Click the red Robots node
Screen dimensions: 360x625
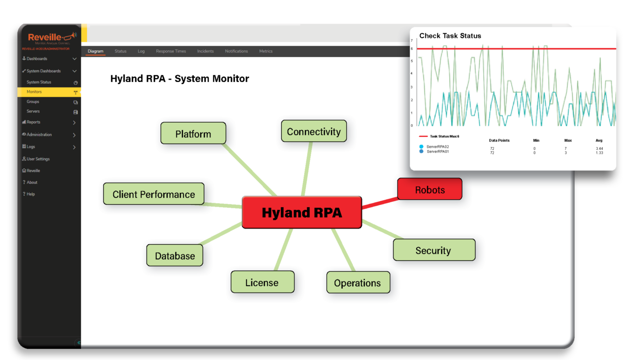click(x=430, y=190)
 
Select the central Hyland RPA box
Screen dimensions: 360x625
click(x=302, y=212)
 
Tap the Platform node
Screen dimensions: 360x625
click(x=193, y=133)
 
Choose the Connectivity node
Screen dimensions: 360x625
click(x=314, y=131)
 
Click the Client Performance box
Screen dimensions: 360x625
click(x=153, y=194)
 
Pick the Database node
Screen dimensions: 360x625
click(x=175, y=255)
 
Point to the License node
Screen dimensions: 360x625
click(x=262, y=282)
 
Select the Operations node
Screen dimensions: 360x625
click(x=357, y=283)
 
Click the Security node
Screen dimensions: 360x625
click(x=434, y=250)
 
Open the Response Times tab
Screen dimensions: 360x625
click(x=171, y=51)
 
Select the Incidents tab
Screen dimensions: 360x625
click(x=206, y=51)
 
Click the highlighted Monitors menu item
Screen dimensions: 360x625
click(x=34, y=92)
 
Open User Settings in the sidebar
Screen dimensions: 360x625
click(x=38, y=159)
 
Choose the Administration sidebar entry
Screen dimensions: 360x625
click(x=39, y=134)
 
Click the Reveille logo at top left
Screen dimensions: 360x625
click(x=49, y=38)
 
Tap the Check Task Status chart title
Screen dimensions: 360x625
click(x=450, y=36)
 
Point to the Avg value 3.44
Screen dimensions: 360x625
click(x=599, y=148)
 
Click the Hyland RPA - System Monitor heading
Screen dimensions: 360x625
click(x=180, y=79)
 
